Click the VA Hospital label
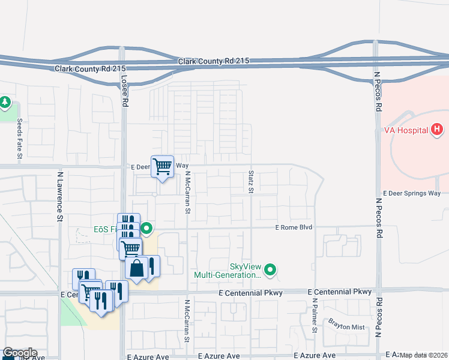[x=406, y=130]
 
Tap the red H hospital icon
[x=437, y=129]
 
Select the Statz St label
[x=251, y=182]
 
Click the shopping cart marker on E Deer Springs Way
[x=163, y=166]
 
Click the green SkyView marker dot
[x=271, y=270]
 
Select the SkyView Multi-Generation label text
[x=228, y=271]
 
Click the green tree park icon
[x=5, y=103]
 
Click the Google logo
[x=20, y=353]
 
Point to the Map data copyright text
[x=424, y=355]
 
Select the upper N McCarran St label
[x=187, y=193]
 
